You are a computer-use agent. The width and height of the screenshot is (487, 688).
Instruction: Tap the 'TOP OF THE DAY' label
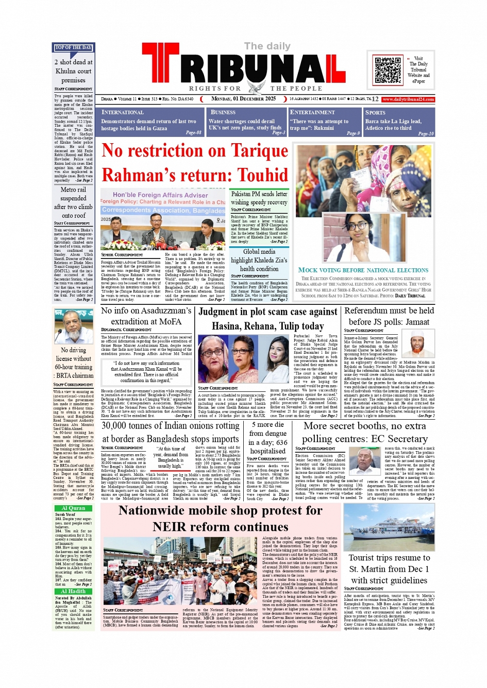(73, 48)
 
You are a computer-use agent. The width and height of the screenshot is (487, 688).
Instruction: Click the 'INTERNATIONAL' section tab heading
(123, 112)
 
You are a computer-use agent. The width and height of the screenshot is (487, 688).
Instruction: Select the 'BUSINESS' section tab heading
(223, 112)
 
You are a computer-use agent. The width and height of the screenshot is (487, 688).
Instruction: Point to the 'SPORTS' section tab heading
(375, 113)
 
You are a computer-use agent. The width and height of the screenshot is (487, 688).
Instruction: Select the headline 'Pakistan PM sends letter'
(259, 194)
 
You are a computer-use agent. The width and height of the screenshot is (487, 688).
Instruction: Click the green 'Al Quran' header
(74, 508)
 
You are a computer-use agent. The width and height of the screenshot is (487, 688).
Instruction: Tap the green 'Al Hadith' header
(74, 591)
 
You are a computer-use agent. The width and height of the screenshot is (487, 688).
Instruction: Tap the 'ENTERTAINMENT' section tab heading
(312, 112)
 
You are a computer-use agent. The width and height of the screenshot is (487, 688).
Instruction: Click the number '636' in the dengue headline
(282, 442)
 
